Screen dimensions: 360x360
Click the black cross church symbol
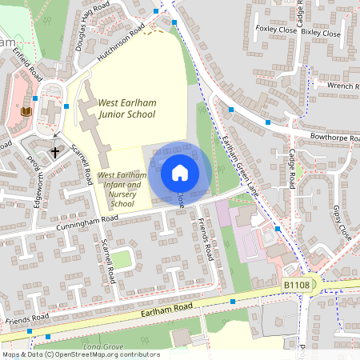pyautogui.click(x=56, y=151)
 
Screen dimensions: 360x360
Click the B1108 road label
pyautogui.click(x=295, y=285)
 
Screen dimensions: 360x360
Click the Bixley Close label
pyautogui.click(x=321, y=34)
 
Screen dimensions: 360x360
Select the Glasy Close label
pyautogui.click(x=342, y=223)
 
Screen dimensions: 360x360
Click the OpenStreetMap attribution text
pyautogui.click(x=81, y=354)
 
